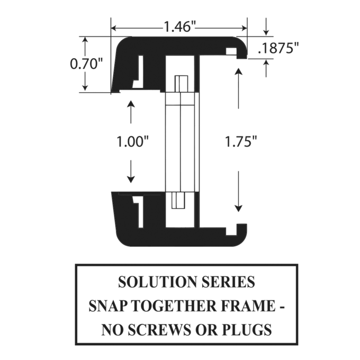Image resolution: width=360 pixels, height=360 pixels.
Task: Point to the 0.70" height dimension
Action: click(86, 64)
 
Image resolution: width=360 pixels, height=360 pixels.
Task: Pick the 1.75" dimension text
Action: click(241, 141)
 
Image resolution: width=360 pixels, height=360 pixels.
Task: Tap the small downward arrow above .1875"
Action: click(266, 26)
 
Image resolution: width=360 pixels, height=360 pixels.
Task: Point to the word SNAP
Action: click(108, 305)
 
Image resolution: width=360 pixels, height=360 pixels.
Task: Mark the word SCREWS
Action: click(158, 330)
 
